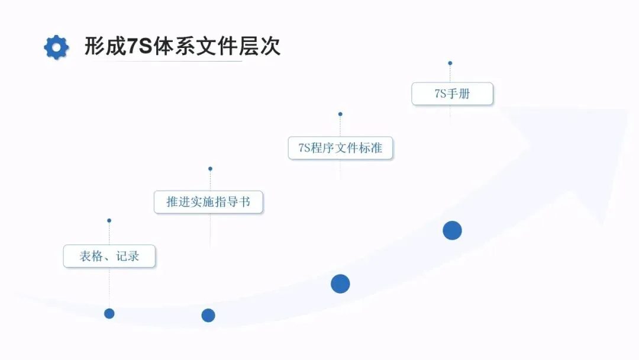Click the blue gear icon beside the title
coord(56,47)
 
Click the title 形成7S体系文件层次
coord(182,46)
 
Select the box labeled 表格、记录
coord(109,256)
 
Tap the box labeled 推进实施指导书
coord(208,202)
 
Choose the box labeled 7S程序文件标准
coord(340,148)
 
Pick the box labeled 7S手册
coord(452,94)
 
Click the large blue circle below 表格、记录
coord(109,313)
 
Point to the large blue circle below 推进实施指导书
coord(208,315)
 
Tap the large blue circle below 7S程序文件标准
coord(340,284)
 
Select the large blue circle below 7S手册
coord(452,230)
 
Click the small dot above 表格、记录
coord(109,220)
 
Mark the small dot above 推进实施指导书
coord(210,169)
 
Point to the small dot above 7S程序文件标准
coord(340,114)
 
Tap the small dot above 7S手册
coord(450,63)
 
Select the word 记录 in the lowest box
coord(128,256)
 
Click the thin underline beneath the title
coord(163,61)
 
